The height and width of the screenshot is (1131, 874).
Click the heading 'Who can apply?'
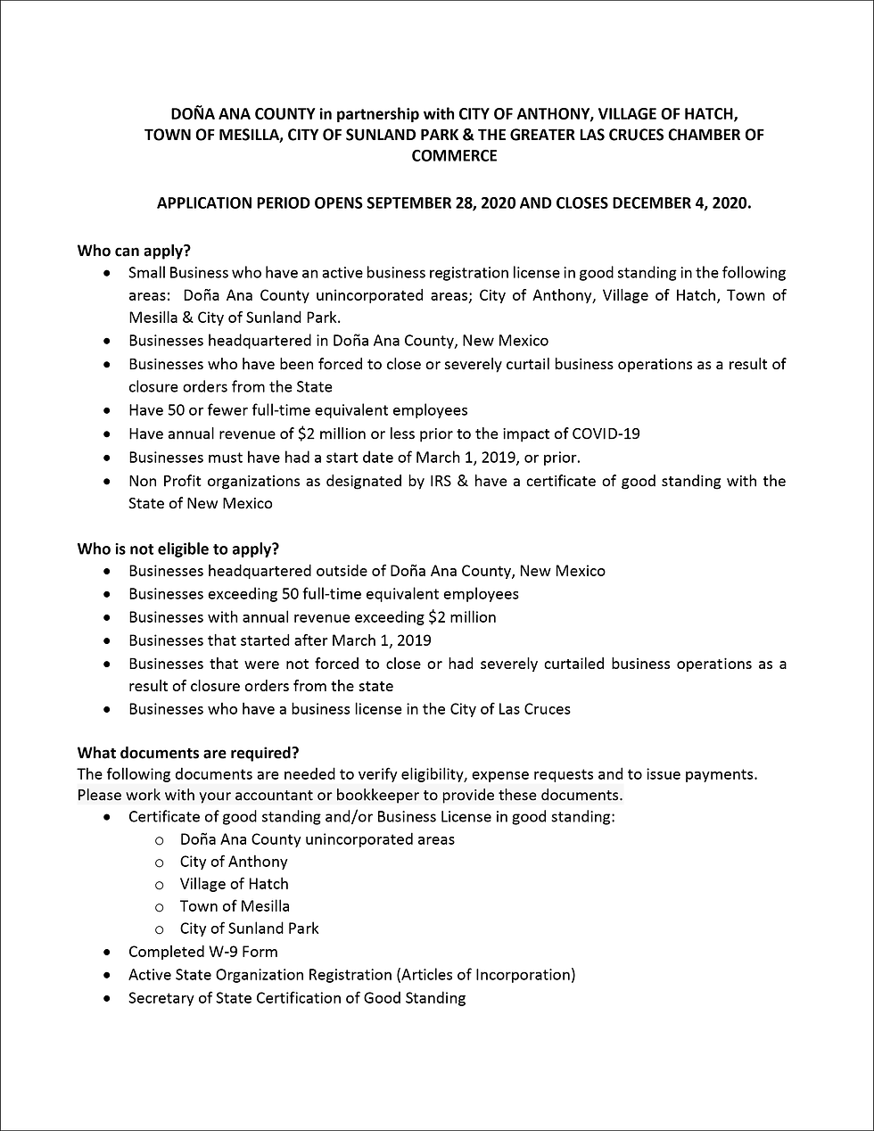click(x=134, y=251)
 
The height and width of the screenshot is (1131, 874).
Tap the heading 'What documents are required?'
click(x=188, y=753)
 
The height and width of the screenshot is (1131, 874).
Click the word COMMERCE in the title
click(x=454, y=156)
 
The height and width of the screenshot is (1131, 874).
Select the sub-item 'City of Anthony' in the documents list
click(x=234, y=862)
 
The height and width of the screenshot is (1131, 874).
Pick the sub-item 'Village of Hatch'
click(x=234, y=884)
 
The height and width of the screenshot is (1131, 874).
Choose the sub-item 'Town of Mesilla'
click(x=235, y=906)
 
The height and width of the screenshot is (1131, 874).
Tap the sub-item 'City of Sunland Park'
click(x=249, y=929)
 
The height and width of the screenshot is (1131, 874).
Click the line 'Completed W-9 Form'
click(x=203, y=952)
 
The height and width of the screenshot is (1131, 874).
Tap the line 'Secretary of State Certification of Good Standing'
click(x=297, y=998)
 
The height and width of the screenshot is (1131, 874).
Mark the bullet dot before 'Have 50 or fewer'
click(x=108, y=411)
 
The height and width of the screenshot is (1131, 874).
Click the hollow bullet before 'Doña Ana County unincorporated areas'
click(x=160, y=840)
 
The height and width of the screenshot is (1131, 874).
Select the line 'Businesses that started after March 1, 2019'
click(x=280, y=640)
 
